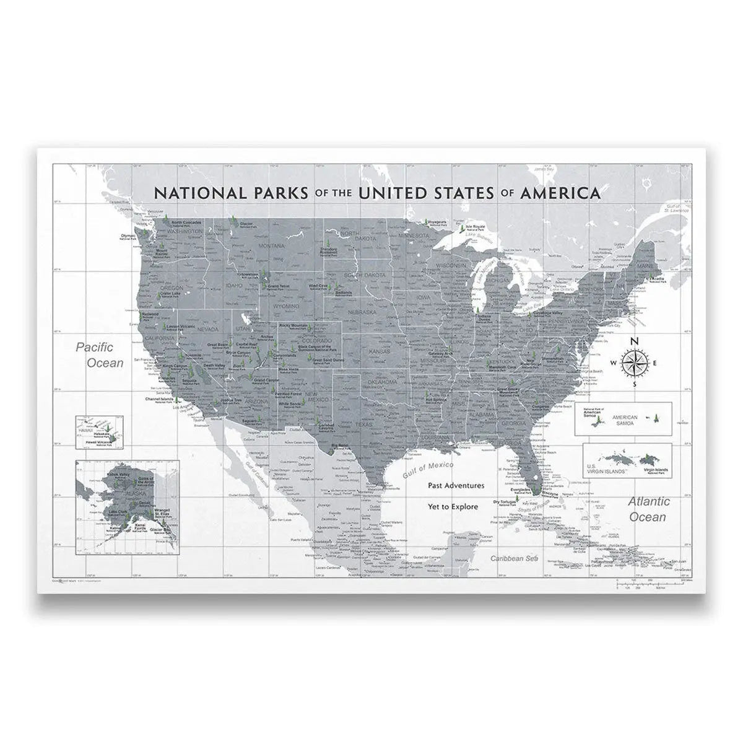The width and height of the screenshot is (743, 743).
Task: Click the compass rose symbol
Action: (x=633, y=363)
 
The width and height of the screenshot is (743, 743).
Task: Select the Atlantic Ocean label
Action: (x=648, y=509)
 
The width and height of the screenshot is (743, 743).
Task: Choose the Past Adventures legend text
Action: (x=456, y=486)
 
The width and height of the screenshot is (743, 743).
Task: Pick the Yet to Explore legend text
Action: (x=453, y=506)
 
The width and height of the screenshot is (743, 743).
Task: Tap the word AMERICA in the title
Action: (x=560, y=192)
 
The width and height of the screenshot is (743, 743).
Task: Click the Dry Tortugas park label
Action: (x=505, y=503)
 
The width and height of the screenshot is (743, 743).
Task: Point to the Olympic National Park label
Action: (x=128, y=237)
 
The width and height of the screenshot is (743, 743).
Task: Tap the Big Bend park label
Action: (x=339, y=446)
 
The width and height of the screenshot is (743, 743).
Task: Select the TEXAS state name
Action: (x=365, y=425)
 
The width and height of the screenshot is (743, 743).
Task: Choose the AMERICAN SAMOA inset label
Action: (x=625, y=418)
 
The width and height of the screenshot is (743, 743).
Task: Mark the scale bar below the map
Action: (x=650, y=583)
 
